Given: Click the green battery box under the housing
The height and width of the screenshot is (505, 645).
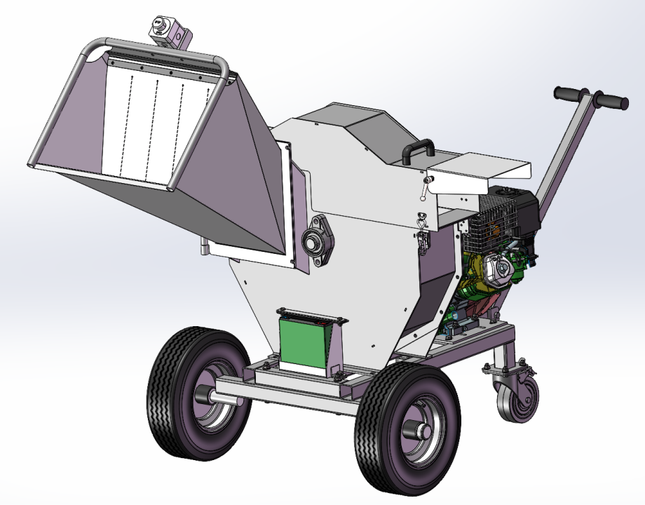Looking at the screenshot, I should pos(304,344).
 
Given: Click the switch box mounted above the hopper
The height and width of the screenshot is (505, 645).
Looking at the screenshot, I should pos(168,31).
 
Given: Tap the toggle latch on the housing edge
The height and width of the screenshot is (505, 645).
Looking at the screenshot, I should pos(423,238).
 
